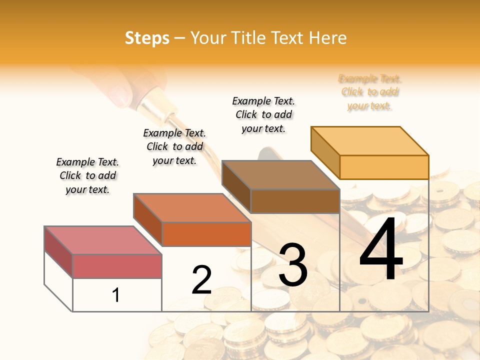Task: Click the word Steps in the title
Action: pyautogui.click(x=147, y=38)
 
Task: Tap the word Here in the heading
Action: pyautogui.click(x=328, y=38)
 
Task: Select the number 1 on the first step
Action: pyautogui.click(x=116, y=295)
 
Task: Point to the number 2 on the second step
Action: pyautogui.click(x=201, y=280)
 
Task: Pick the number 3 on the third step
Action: pyautogui.click(x=293, y=265)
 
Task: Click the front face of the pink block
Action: pyautogui.click(x=117, y=266)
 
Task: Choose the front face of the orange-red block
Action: pyautogui.click(x=206, y=234)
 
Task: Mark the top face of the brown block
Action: pyautogui.click(x=280, y=175)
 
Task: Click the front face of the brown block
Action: pyautogui.click(x=295, y=201)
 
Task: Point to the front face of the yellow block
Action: pyautogui.click(x=384, y=167)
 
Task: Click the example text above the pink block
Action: pyautogui.click(x=87, y=176)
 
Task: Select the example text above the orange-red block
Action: pyautogui.click(x=174, y=147)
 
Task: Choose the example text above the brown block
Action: pyautogui.click(x=263, y=114)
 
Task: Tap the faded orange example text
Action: pyautogui.click(x=370, y=92)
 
